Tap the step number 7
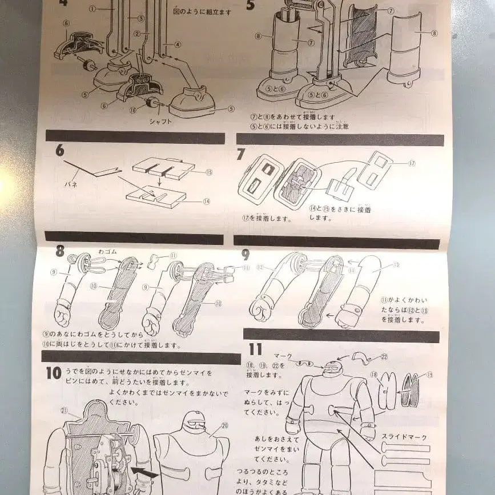pos(241,153)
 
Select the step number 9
pos(246,255)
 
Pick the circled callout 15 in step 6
pos(209,172)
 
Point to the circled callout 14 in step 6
pos(207,201)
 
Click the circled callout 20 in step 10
pos(224,425)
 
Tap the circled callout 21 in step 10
pos(65,410)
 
